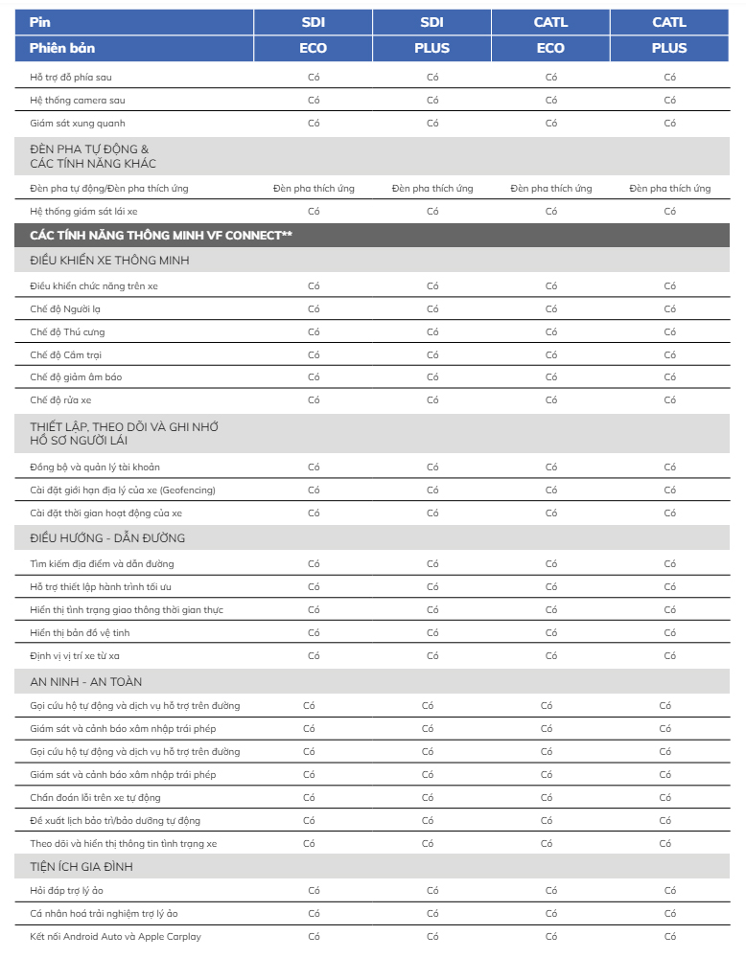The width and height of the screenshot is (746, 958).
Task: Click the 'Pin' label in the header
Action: [39, 22]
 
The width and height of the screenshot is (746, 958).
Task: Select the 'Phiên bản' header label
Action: [62, 48]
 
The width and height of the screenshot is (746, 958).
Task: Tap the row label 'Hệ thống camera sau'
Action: [77, 100]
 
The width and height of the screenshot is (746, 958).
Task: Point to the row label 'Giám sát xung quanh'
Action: [77, 123]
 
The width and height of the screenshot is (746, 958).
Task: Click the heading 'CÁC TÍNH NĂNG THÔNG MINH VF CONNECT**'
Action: [161, 236]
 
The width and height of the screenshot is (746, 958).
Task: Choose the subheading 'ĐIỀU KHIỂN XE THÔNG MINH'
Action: [109, 261]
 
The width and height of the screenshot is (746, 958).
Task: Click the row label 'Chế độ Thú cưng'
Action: [67, 331]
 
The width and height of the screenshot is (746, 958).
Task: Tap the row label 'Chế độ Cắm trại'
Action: [65, 354]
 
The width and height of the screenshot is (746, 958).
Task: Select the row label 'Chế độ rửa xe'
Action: [60, 399]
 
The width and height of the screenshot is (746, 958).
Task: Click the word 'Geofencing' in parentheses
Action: [187, 490]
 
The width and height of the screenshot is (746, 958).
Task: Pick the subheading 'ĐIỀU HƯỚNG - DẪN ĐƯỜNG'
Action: [107, 538]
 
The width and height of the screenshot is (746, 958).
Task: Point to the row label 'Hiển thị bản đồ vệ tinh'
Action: [80, 632]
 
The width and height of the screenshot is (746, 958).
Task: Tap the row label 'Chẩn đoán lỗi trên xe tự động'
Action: [95, 797]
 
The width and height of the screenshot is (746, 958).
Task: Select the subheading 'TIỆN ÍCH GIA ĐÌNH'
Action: [82, 867]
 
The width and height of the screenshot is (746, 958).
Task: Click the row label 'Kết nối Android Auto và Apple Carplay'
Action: [115, 936]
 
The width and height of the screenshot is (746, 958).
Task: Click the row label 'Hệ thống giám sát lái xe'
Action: [83, 211]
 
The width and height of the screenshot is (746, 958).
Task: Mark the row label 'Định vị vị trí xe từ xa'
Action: [75, 655]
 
